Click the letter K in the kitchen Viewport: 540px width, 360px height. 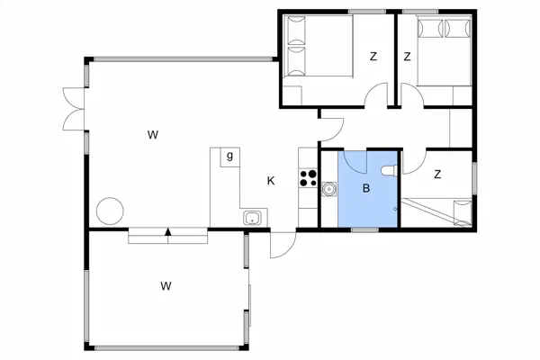click(271, 181)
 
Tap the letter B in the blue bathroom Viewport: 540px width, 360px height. click(366, 188)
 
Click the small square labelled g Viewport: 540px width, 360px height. click(230, 157)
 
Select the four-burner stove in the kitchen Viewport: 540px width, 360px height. click(308, 178)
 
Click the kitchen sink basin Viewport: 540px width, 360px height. click(252, 218)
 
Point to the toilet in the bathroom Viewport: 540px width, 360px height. click(390, 170)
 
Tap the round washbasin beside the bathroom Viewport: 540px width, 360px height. click(328, 189)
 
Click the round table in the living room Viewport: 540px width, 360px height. click(110, 211)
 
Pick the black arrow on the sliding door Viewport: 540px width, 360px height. click(168, 231)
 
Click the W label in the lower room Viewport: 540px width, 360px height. click(166, 286)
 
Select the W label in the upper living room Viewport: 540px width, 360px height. click(153, 135)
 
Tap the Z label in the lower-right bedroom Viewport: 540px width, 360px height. click(437, 175)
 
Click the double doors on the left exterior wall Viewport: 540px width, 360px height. click(74, 109)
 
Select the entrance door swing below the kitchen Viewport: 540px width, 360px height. click(283, 246)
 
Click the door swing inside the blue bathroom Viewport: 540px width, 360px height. click(355, 162)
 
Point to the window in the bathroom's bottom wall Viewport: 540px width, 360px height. click(365, 229)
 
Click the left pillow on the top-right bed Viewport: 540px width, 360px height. click(430, 28)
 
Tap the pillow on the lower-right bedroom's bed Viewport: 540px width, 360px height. click(463, 212)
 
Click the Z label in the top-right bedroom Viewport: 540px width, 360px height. click(407, 57)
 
